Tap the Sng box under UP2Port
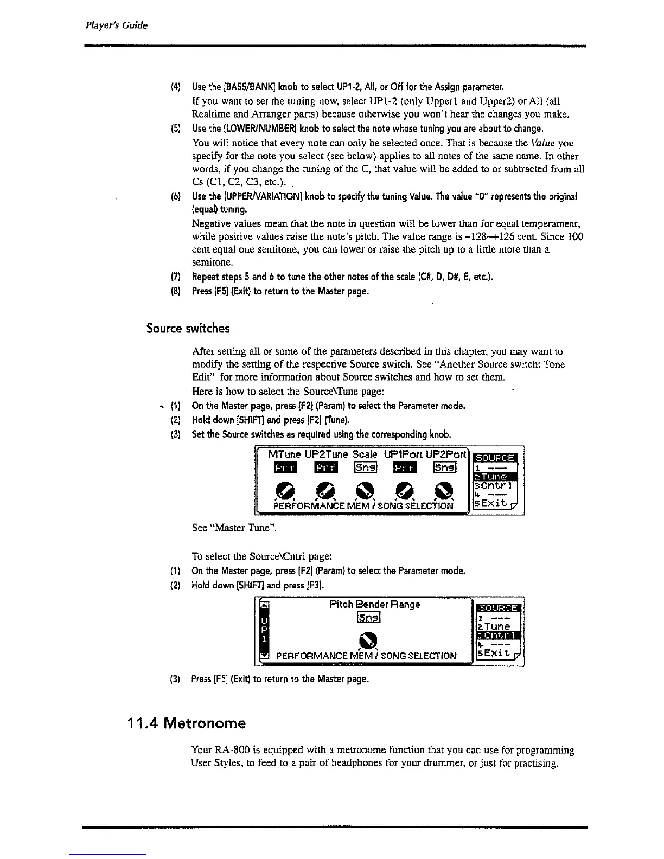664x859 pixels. point(444,467)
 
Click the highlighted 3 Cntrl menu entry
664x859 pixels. point(497,636)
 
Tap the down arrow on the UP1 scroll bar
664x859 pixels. point(265,657)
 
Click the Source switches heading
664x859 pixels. point(188,329)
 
